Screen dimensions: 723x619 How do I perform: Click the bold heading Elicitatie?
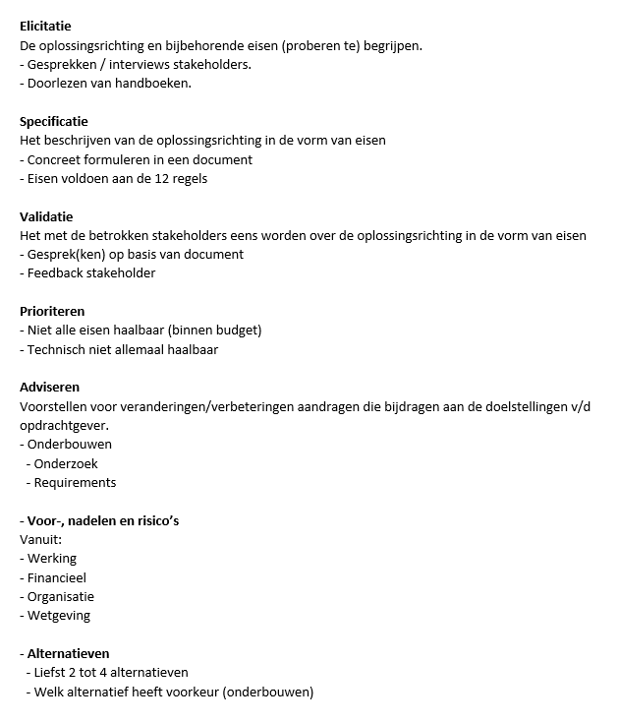click(45, 27)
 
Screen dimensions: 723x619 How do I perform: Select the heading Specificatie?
click(53, 122)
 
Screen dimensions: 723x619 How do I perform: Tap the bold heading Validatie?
click(46, 216)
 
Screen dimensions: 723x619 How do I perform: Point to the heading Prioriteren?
click(52, 311)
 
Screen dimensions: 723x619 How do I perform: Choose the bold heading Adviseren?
click(49, 387)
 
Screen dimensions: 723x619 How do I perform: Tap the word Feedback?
click(56, 273)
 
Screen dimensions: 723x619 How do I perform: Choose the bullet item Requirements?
click(75, 482)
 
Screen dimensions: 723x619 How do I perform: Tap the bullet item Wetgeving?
click(58, 615)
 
